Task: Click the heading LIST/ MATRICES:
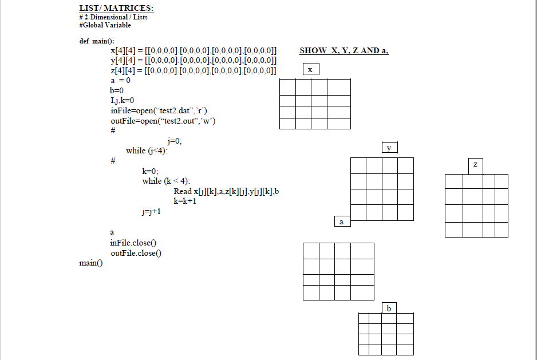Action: [x=116, y=9]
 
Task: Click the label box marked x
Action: [x=310, y=69]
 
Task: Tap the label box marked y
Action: [x=389, y=148]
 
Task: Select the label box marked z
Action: [x=475, y=165]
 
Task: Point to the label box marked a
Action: [x=342, y=221]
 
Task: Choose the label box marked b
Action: [x=389, y=308]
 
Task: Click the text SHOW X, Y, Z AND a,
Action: [x=344, y=51]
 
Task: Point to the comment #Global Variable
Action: [x=105, y=25]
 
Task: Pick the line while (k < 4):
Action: [x=166, y=181]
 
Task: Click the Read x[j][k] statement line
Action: [x=226, y=191]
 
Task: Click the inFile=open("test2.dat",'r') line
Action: [x=162, y=110]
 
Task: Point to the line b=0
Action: [x=117, y=90]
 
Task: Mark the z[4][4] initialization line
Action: [x=194, y=71]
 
